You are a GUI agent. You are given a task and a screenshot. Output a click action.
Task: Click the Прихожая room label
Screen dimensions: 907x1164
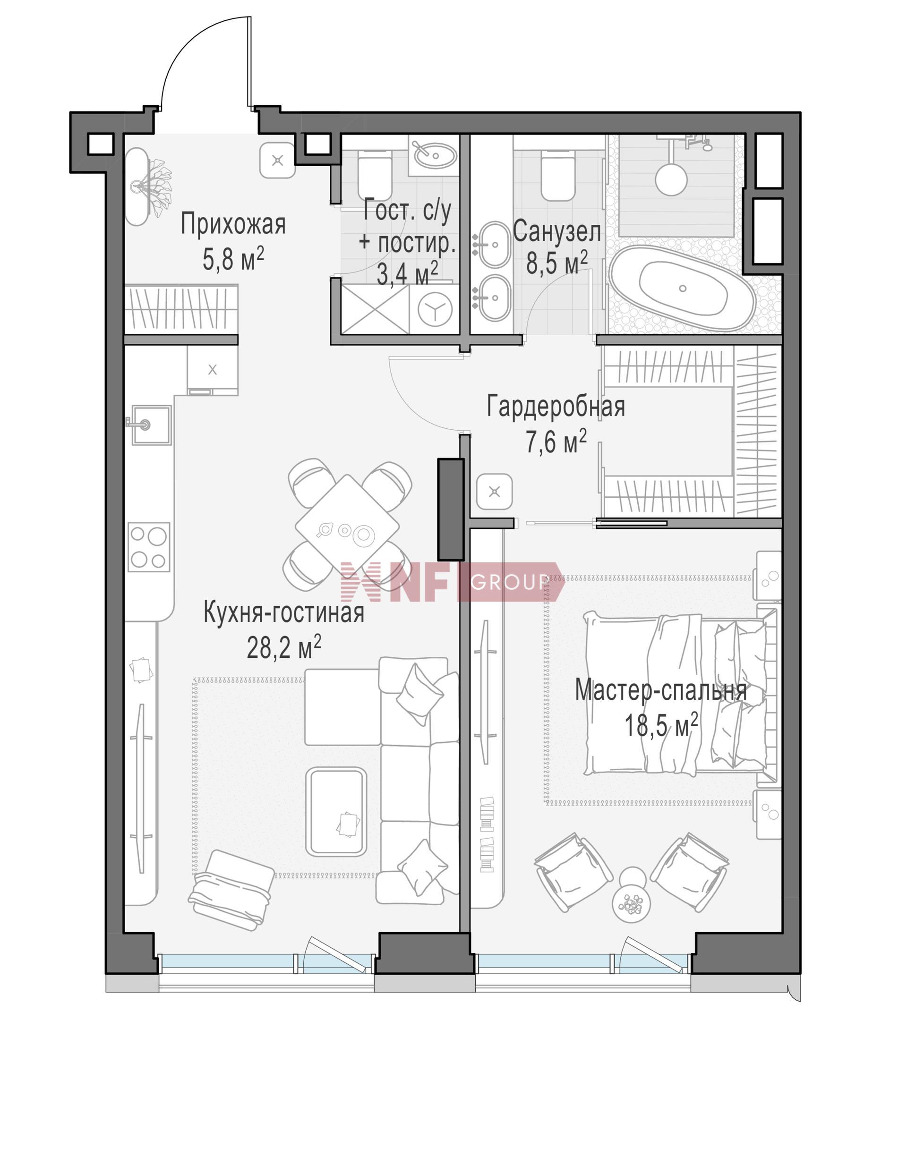[x=233, y=224]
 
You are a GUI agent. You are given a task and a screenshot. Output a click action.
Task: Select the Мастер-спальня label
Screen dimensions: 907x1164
[x=661, y=691]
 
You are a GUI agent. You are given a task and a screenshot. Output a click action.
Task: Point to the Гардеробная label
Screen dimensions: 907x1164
[x=556, y=407]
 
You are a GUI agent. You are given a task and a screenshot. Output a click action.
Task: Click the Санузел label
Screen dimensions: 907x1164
[x=556, y=231]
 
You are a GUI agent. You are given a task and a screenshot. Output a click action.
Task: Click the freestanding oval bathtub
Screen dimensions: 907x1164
[x=683, y=289]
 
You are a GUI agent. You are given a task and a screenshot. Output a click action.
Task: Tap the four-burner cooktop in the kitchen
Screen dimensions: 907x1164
[x=149, y=547]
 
